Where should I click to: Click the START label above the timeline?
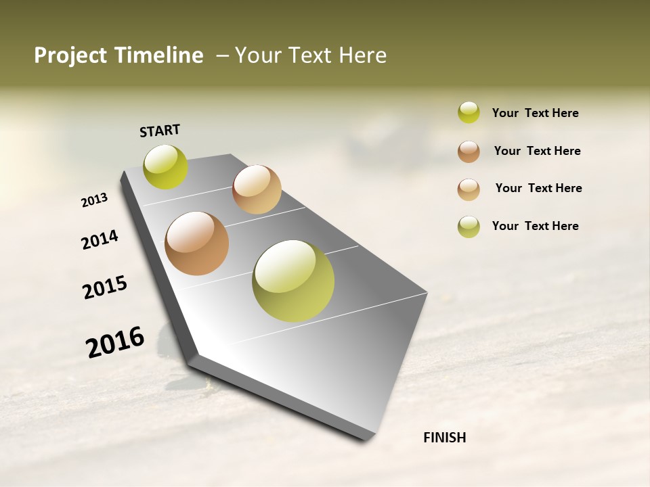tap(160, 131)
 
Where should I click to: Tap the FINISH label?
tap(444, 438)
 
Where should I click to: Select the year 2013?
tap(95, 200)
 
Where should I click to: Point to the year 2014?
tap(100, 239)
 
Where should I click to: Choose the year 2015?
tap(105, 287)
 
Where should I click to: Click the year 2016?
tap(115, 342)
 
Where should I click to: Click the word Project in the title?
tap(70, 55)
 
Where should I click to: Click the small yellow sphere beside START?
tap(166, 167)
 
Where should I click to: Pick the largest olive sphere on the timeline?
tap(293, 281)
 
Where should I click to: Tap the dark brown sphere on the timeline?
tap(197, 243)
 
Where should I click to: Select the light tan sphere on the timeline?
tap(257, 189)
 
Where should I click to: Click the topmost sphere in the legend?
tap(469, 112)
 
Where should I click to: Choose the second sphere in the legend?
tap(469, 152)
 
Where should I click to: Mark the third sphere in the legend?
tap(469, 189)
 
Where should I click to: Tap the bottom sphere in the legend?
tap(469, 227)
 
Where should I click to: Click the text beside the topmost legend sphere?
tap(535, 113)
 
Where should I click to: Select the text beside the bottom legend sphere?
tap(535, 226)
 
